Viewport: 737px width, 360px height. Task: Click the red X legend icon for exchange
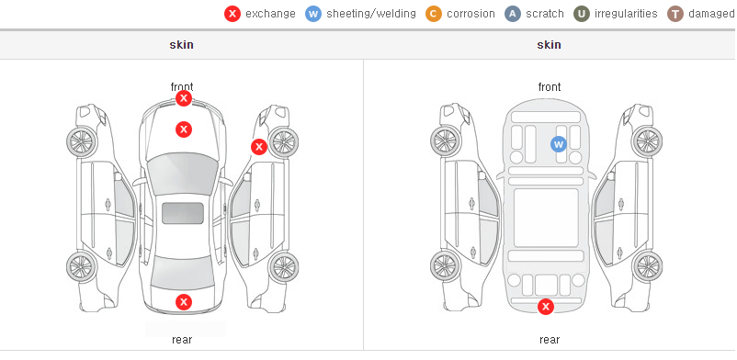232,14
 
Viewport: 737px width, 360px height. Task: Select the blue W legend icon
313,14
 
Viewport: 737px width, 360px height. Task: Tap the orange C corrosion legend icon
434,14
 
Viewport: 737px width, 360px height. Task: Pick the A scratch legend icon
513,14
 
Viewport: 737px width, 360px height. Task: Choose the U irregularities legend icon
582,14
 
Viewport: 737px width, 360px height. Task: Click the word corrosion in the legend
471,14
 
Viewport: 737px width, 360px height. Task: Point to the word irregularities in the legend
626,14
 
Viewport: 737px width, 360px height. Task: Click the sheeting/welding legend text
371,14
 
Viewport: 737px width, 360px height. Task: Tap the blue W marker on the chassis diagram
559,144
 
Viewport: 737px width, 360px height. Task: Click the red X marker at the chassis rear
546,307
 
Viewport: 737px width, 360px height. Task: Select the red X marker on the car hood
184,129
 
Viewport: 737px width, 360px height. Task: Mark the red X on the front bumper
184,98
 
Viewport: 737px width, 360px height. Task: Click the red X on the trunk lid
184,302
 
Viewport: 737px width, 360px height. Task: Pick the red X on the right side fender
258,147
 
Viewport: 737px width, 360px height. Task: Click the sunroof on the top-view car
183,213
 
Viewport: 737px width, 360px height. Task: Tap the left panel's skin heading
181,45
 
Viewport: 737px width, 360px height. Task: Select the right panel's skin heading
549,45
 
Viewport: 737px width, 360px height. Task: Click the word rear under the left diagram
182,340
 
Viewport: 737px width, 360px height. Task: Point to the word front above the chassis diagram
550,87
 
